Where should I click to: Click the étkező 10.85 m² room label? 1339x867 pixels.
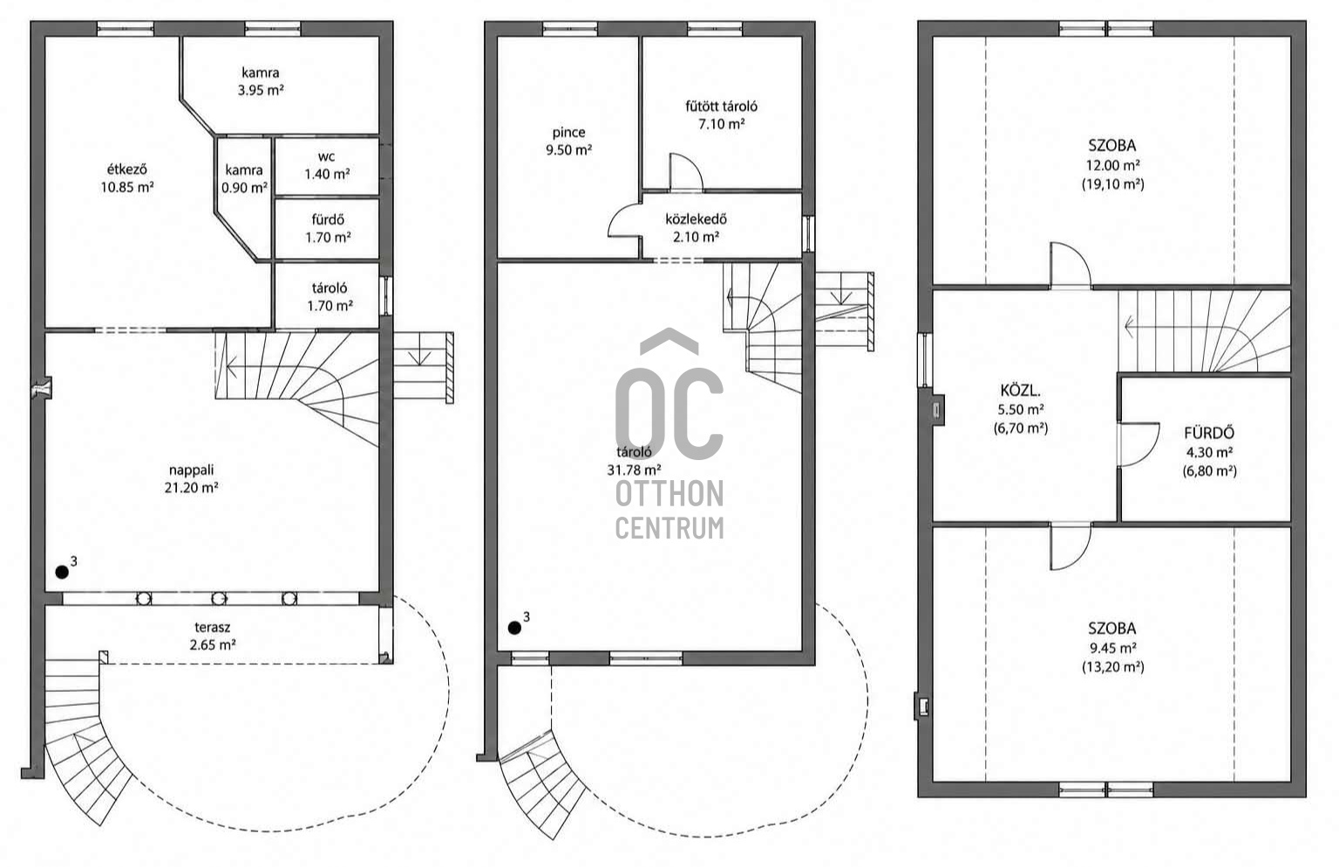[126, 178]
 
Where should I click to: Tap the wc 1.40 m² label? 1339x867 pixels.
[327, 166]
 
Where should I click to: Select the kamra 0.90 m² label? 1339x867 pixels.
[244, 179]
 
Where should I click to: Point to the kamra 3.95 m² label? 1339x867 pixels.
[261, 81]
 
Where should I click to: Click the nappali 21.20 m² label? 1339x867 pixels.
[191, 478]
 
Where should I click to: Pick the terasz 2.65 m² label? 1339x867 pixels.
[212, 636]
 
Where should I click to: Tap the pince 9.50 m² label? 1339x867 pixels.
[568, 141]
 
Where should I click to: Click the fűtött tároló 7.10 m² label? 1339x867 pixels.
[722, 115]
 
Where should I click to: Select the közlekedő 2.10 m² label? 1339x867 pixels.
[696, 227]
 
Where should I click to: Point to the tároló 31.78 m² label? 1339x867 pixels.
[634, 461]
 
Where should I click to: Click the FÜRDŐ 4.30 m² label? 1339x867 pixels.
[1209, 451]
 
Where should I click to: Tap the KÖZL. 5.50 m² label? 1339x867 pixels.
[1021, 410]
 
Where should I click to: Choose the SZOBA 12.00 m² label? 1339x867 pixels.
[1112, 165]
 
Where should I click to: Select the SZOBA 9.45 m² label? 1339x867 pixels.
[1112, 647]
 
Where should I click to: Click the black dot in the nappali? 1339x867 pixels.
[62, 572]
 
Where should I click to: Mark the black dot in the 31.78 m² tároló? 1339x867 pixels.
[514, 627]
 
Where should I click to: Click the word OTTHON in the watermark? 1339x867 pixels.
[669, 493]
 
